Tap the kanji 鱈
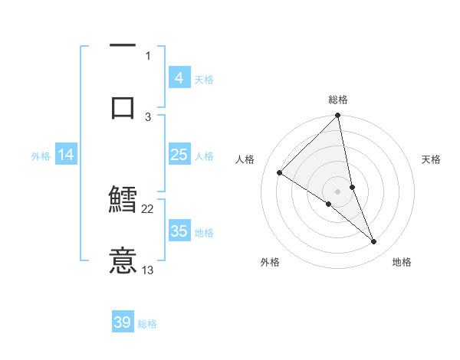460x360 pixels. (x=123, y=200)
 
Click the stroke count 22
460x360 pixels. (x=148, y=208)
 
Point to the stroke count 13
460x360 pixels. (x=148, y=270)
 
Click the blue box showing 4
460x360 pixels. (x=179, y=78)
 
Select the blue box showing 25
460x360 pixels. (x=179, y=155)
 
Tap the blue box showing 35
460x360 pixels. (x=179, y=231)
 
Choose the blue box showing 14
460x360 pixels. (x=66, y=155)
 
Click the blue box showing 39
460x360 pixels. (x=123, y=322)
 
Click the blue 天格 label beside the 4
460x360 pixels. (x=204, y=79)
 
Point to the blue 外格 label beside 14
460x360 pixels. (x=41, y=155)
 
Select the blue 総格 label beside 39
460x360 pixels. (x=147, y=323)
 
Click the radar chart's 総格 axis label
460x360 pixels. (x=338, y=100)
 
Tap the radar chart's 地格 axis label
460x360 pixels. (x=402, y=262)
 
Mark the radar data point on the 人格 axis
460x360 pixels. (x=280, y=173)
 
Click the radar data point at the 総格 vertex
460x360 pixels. (x=338, y=116)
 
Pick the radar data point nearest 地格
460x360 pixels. (x=374, y=242)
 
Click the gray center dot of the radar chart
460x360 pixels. (x=338, y=191)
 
